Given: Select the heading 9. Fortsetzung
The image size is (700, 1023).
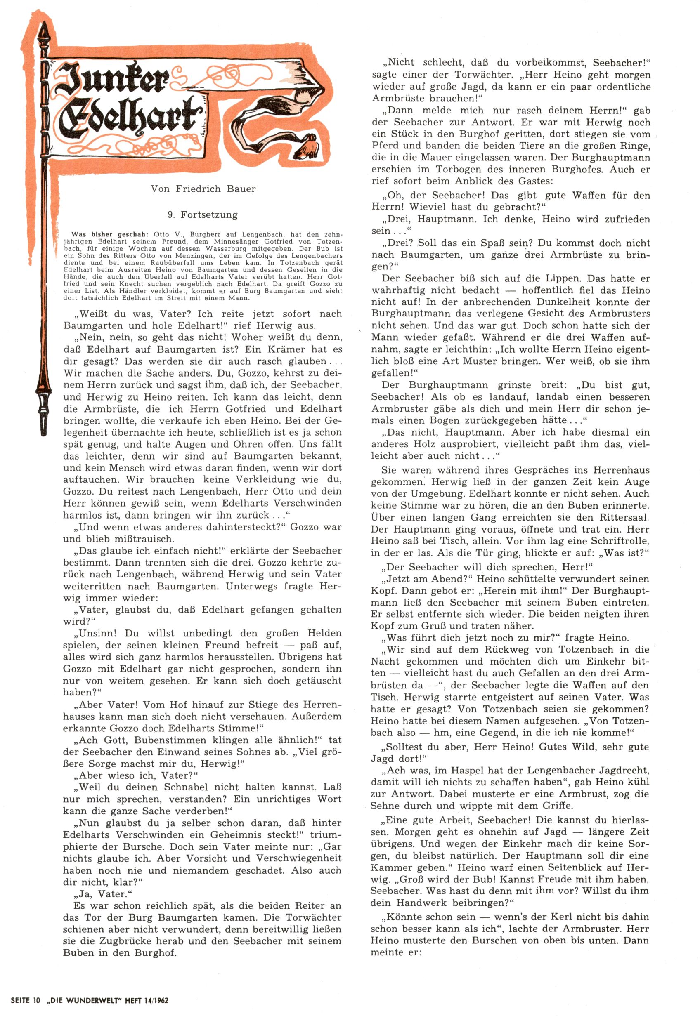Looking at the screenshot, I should coord(203,215).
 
